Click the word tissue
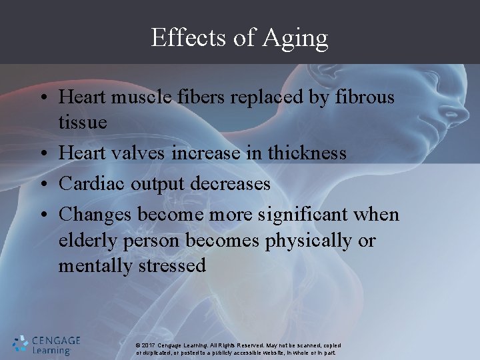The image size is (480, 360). pyautogui.click(x=82, y=123)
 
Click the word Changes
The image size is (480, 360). pyautogui.click(x=96, y=214)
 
